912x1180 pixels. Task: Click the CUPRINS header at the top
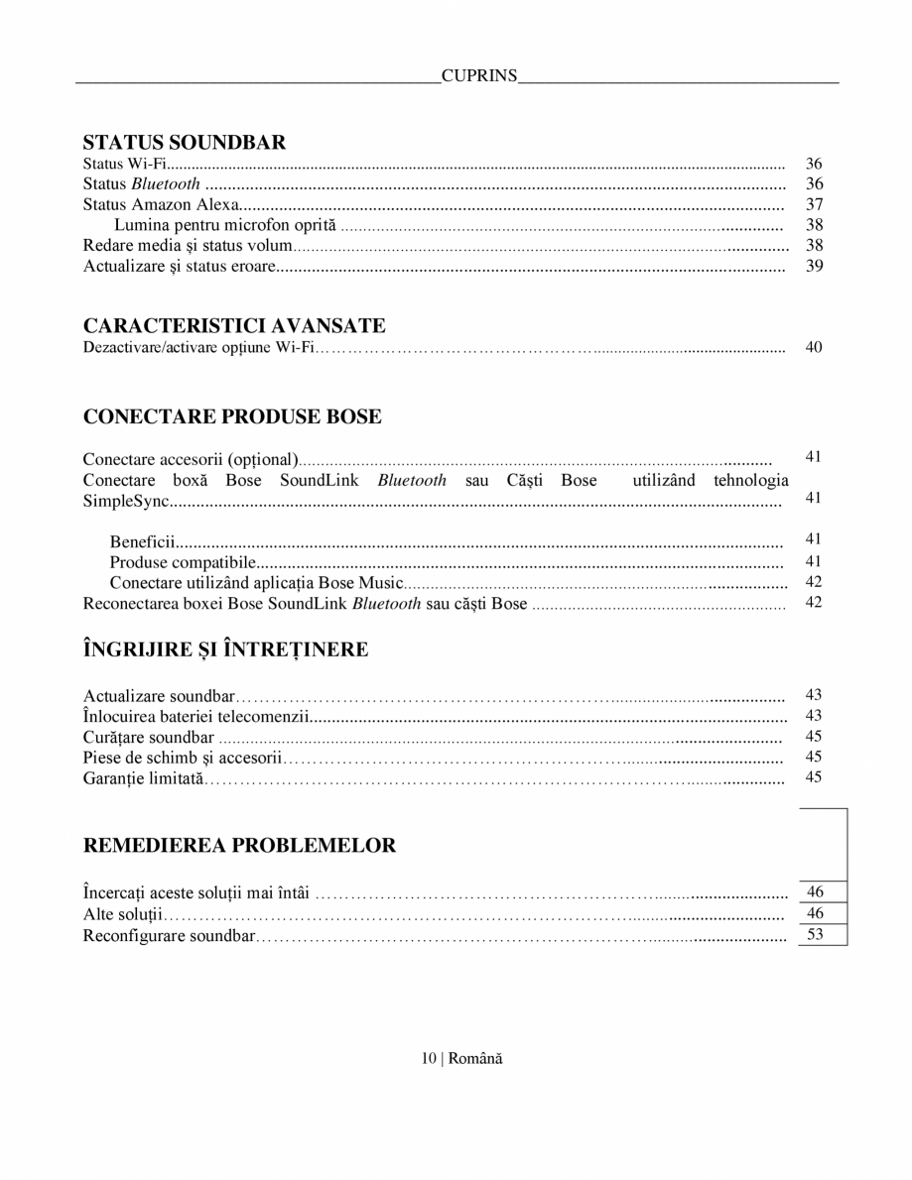coord(479,75)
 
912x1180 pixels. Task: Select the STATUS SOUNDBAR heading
coord(185,143)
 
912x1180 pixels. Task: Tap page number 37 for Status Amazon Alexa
coord(815,204)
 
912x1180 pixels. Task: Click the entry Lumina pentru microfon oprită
coord(225,225)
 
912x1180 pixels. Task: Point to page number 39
coord(815,266)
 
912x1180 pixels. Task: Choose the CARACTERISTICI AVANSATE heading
coord(234,326)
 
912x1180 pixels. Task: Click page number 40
coord(815,347)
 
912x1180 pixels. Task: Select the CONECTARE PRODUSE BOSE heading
coord(232,416)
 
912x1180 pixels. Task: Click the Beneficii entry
coord(143,541)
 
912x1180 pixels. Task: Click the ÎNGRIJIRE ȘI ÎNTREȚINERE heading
coord(226,649)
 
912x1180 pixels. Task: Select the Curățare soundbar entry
coord(149,737)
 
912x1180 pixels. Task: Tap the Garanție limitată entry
coord(142,777)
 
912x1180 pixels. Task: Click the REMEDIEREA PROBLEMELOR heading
coord(239,846)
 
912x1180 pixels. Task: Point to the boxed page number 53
coord(816,934)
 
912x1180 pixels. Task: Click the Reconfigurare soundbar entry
coord(169,935)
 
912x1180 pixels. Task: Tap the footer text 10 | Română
coord(461,1059)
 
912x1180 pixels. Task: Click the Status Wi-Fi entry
coord(124,164)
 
